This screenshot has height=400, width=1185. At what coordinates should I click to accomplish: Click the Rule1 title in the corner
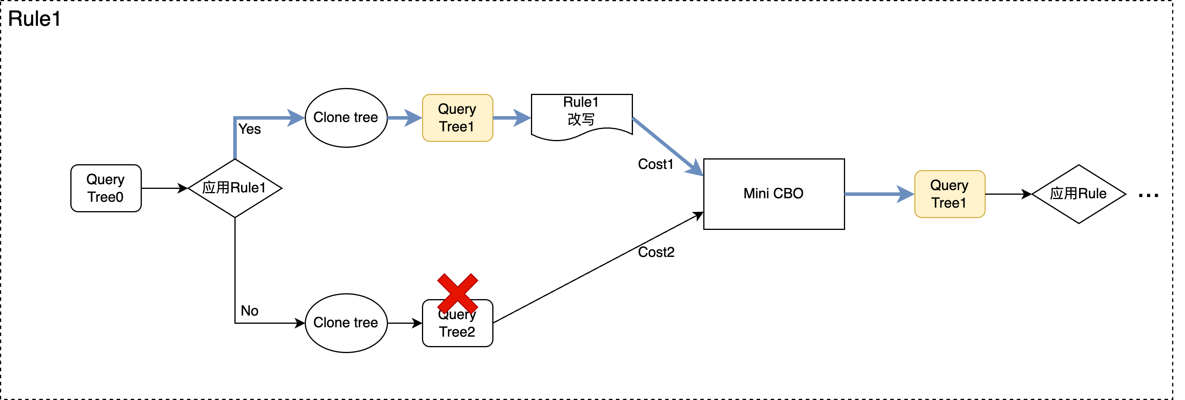click(34, 19)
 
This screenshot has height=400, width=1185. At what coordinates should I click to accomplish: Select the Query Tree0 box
click(106, 188)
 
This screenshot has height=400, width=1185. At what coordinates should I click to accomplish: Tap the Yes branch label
click(250, 129)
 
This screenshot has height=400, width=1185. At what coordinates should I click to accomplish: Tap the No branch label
click(249, 311)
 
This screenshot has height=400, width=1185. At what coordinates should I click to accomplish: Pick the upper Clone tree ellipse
click(346, 118)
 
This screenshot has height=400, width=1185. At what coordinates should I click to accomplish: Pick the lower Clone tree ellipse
click(346, 323)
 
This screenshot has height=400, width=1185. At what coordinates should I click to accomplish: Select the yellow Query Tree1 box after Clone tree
click(457, 118)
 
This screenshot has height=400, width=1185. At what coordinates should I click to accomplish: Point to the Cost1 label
click(656, 164)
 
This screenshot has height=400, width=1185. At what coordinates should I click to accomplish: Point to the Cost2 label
click(656, 252)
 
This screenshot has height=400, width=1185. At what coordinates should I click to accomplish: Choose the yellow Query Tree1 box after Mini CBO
click(949, 194)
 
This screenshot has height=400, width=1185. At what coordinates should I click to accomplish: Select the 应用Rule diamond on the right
click(1078, 194)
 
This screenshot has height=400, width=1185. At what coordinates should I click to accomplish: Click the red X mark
click(457, 293)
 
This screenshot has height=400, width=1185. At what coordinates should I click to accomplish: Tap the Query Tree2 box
click(457, 329)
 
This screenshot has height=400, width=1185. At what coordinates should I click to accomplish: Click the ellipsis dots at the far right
click(1148, 196)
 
